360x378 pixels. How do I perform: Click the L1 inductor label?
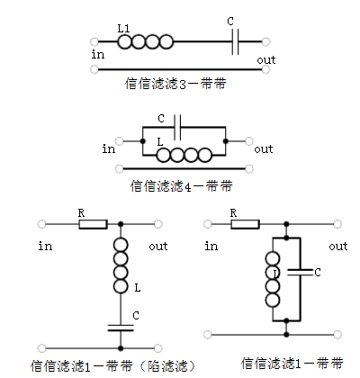123,29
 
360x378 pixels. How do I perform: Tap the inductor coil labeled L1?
145,41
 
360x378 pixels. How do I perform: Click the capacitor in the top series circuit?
236,41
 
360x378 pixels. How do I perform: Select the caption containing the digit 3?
175,84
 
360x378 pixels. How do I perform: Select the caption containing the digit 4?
181,186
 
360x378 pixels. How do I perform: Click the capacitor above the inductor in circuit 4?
177,127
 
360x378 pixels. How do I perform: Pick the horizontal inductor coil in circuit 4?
184,155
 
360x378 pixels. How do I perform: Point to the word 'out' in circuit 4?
264,149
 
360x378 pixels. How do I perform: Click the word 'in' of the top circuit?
98,55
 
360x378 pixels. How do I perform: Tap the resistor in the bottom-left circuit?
93,224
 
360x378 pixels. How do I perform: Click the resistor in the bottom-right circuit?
245,224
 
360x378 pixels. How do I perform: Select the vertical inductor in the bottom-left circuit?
121,265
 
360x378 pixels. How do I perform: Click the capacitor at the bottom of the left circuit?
121,328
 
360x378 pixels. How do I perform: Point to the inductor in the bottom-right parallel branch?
273,279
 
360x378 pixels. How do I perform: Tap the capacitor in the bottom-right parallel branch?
300,272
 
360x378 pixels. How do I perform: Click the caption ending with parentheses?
113,366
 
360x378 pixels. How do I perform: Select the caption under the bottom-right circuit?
292,364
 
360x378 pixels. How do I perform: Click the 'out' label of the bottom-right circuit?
338,247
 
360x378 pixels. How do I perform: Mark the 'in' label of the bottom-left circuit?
45,247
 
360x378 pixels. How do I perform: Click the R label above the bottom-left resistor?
81,213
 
